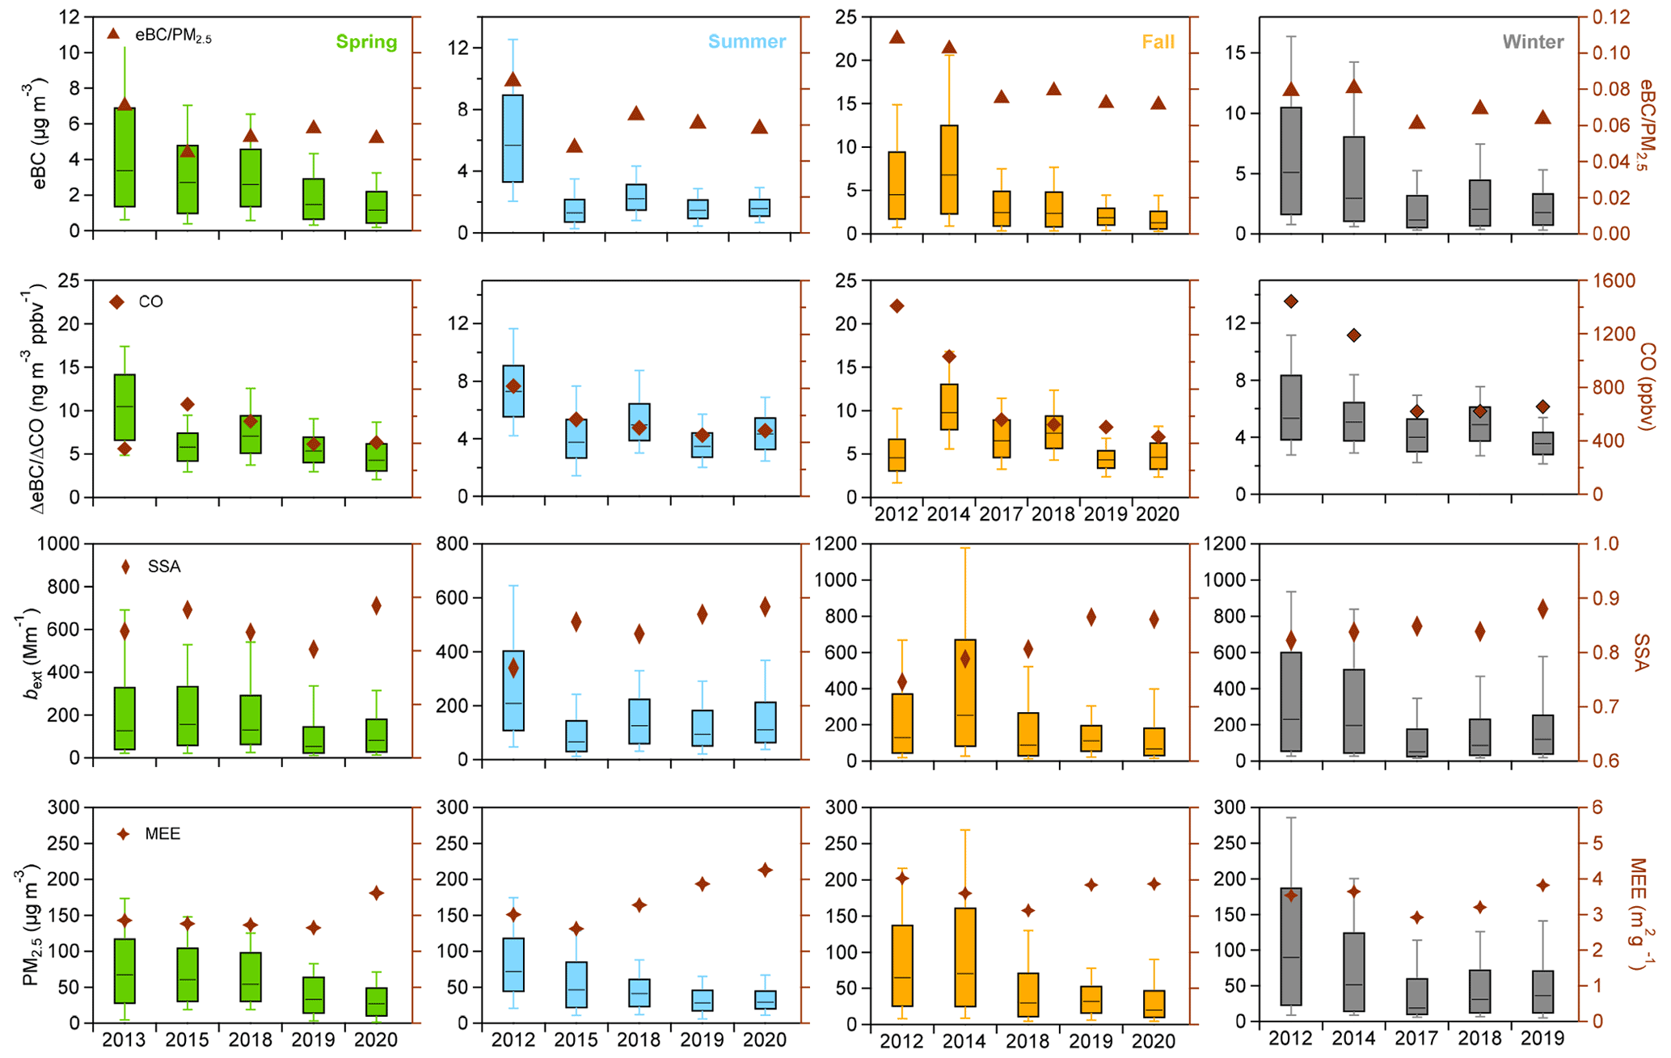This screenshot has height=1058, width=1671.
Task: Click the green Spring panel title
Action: pyautogui.click(x=366, y=42)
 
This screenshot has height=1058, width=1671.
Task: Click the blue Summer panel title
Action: pyautogui.click(x=746, y=42)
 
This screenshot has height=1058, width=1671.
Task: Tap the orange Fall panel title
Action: pyautogui.click(x=1158, y=42)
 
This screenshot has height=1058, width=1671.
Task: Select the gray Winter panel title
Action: pyautogui.click(x=1533, y=42)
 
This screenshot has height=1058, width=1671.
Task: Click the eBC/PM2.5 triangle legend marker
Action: pyautogui.click(x=114, y=34)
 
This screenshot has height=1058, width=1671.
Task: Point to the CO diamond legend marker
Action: pyautogui.click(x=116, y=302)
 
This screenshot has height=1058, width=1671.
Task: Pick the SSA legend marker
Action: pyautogui.click(x=125, y=567)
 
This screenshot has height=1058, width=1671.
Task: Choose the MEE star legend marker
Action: pyautogui.click(x=123, y=834)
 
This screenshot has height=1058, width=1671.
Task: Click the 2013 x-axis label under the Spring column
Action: pyautogui.click(x=124, y=1039)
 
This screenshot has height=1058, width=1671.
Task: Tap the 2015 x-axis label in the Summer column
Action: pyautogui.click(x=576, y=1039)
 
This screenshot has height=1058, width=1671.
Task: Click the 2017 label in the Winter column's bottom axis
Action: pyautogui.click(x=1416, y=1039)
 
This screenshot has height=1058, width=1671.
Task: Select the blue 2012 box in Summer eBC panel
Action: pyautogui.click(x=513, y=138)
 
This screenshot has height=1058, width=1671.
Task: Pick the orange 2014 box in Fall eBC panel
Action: pyautogui.click(x=950, y=170)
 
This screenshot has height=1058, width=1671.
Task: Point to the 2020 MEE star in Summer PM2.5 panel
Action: pyautogui.click(x=765, y=870)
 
